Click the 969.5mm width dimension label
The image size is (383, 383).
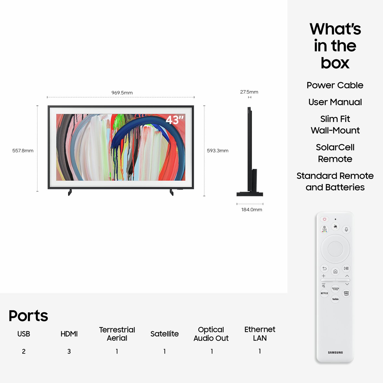pyautogui.click(x=122, y=93)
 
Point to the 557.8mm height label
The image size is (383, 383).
pyautogui.click(x=23, y=151)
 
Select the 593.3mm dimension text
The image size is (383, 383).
pyautogui.click(x=218, y=151)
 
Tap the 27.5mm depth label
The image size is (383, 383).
pyautogui.click(x=249, y=92)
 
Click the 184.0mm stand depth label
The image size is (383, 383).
pyautogui.click(x=252, y=210)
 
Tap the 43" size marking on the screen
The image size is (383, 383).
pyautogui.click(x=175, y=120)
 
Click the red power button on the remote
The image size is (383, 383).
pyautogui.click(x=324, y=219)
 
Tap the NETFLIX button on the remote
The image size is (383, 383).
pyautogui.click(x=324, y=293)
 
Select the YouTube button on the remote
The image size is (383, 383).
pyautogui.click(x=335, y=299)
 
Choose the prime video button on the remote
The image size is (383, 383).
pyautogui.click(x=346, y=293)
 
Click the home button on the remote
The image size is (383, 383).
pyautogui.click(x=335, y=271)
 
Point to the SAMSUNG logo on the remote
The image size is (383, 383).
pyautogui.click(x=335, y=353)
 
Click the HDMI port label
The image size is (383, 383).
pyautogui.click(x=69, y=334)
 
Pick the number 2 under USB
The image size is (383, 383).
pyautogui.click(x=24, y=351)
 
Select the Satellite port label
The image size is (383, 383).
pyautogui.click(x=165, y=334)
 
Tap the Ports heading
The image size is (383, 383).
pyautogui.click(x=28, y=316)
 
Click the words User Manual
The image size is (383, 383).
pyautogui.click(x=335, y=102)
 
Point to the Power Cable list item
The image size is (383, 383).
pyautogui.click(x=335, y=85)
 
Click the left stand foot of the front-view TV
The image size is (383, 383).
pyautogui.click(x=70, y=192)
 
